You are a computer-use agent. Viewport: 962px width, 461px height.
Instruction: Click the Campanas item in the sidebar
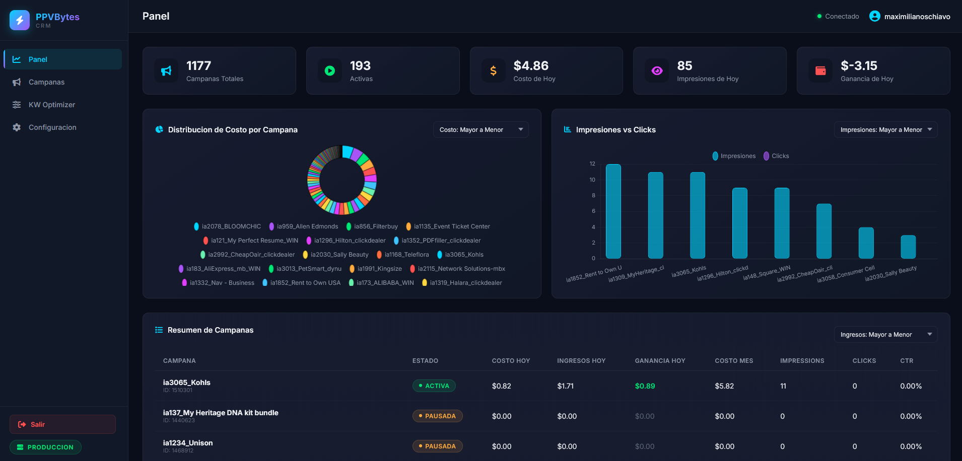pyautogui.click(x=46, y=82)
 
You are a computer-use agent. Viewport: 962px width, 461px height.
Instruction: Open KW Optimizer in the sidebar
pyautogui.click(x=51, y=105)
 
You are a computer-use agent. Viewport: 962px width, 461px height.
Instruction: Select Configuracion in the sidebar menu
pyautogui.click(x=52, y=127)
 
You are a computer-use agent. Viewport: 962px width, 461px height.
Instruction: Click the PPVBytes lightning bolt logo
pyautogui.click(x=20, y=20)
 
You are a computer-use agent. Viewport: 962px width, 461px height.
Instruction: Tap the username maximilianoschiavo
pyautogui.click(x=917, y=17)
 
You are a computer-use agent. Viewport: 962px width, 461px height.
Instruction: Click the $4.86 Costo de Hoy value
pyautogui.click(x=531, y=66)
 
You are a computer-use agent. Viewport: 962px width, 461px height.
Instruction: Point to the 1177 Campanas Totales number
pyautogui.click(x=198, y=66)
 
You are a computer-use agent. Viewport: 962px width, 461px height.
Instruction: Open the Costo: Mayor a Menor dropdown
pyautogui.click(x=480, y=130)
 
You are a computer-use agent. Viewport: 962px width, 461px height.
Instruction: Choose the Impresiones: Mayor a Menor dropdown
pyautogui.click(x=885, y=130)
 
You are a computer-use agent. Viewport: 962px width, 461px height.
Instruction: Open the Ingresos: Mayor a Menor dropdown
pyautogui.click(x=885, y=335)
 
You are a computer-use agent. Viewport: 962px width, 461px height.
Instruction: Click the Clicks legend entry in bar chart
pyautogui.click(x=777, y=156)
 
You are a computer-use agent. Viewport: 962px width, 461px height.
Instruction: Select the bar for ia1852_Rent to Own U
pyautogui.click(x=613, y=211)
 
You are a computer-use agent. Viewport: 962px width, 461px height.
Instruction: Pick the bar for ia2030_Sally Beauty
pyautogui.click(x=908, y=247)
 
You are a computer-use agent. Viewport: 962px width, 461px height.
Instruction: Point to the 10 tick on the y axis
pyautogui.click(x=592, y=180)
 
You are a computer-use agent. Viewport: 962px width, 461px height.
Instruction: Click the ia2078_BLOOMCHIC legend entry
pyautogui.click(x=228, y=226)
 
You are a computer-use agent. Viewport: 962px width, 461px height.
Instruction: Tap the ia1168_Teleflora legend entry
pyautogui.click(x=403, y=255)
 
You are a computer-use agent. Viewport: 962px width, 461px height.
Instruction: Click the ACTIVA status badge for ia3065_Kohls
pyautogui.click(x=434, y=386)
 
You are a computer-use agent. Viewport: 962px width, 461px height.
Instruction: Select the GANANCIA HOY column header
pyautogui.click(x=660, y=361)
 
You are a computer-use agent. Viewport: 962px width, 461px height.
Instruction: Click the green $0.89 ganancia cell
pyautogui.click(x=645, y=386)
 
